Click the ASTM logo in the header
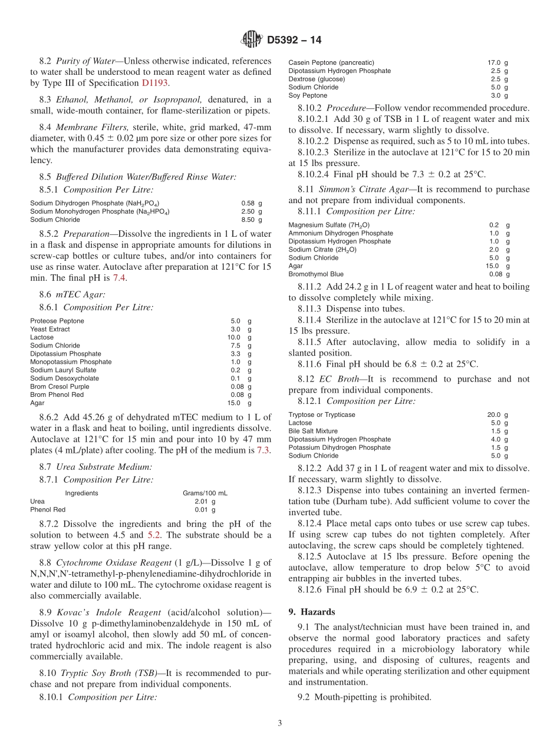[252, 40]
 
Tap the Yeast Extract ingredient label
[50, 329]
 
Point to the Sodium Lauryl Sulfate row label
[63, 370]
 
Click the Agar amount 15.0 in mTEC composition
[234, 403]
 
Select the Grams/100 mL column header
[205, 493]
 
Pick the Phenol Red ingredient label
[48, 510]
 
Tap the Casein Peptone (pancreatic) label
[331, 62]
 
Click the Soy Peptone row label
[308, 95]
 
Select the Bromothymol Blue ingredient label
[316, 274]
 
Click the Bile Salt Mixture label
[313, 431]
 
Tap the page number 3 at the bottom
[280, 724]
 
